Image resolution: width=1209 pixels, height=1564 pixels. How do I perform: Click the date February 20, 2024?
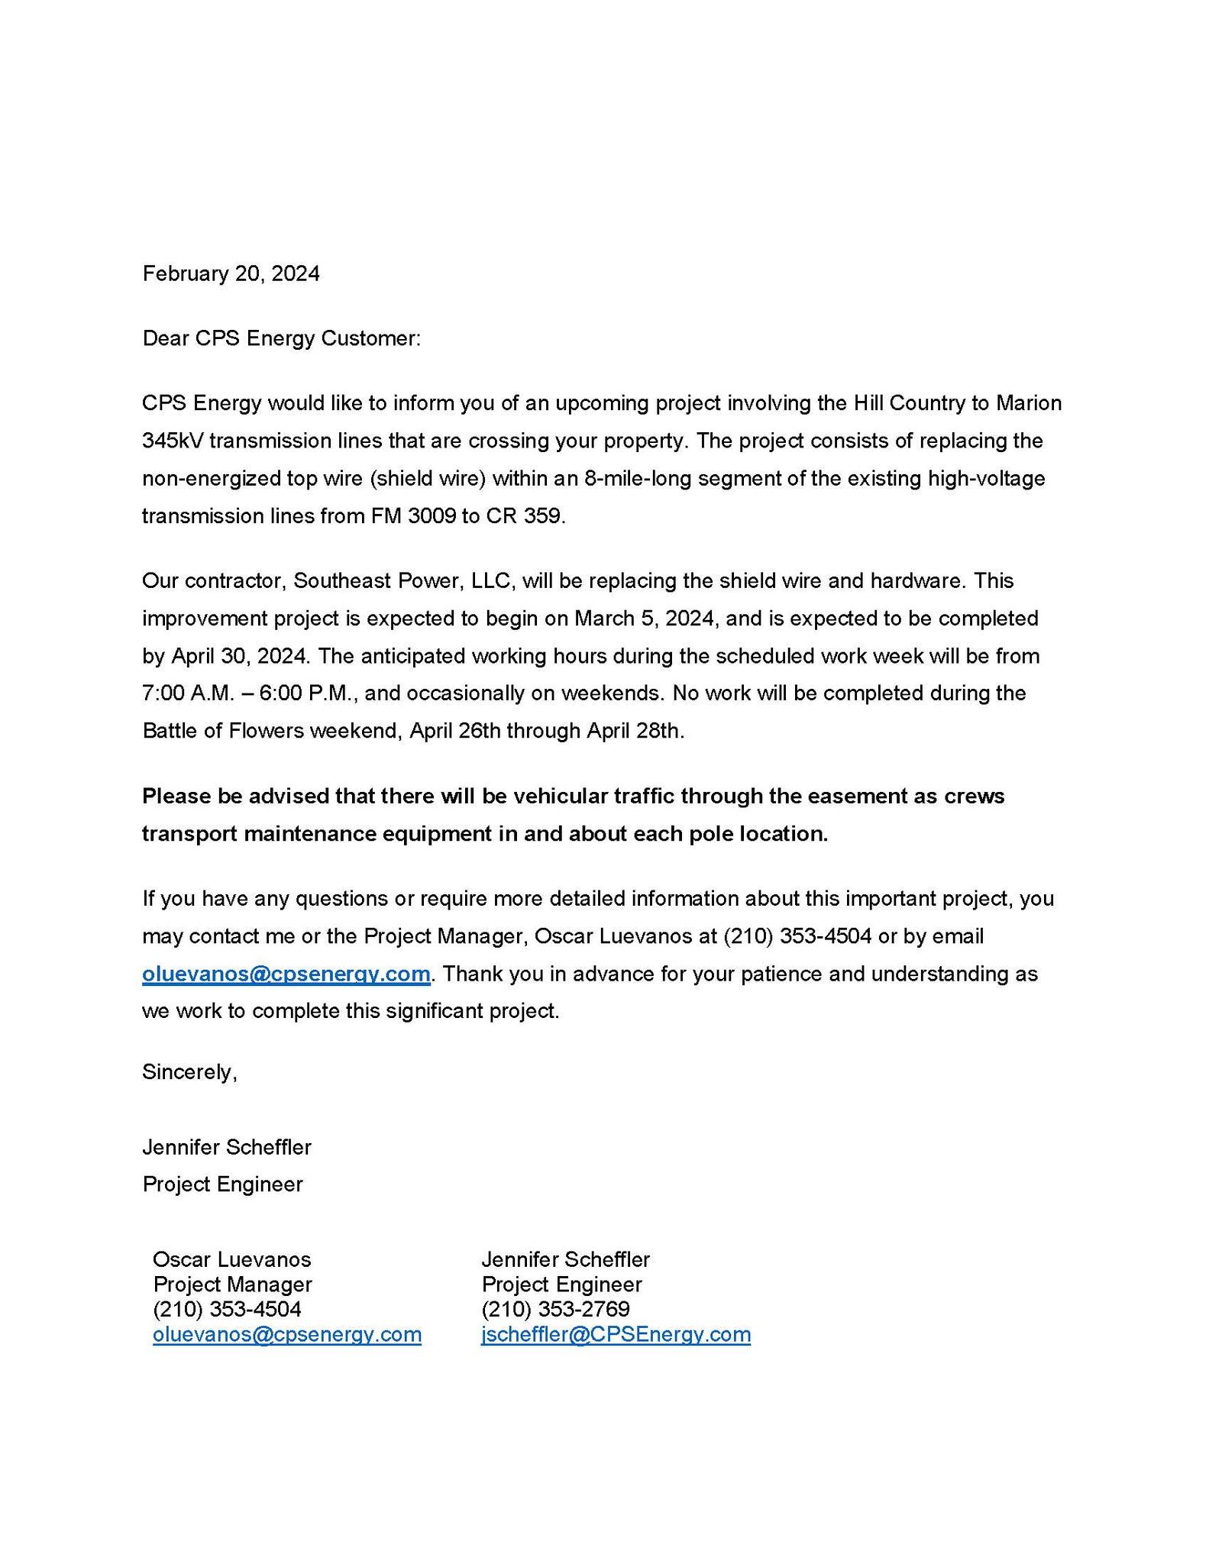[x=231, y=273]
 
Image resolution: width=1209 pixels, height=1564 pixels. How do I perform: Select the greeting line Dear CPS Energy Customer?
[x=281, y=338]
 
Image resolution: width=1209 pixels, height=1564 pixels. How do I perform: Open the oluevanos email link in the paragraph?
[x=286, y=974]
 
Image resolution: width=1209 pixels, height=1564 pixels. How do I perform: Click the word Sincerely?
[x=189, y=1071]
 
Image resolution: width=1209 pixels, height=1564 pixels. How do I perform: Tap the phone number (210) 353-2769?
[x=555, y=1309]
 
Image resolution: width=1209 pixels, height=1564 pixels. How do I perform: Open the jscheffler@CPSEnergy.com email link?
[x=616, y=1334]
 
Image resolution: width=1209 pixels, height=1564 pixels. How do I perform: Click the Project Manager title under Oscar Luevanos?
[x=233, y=1284]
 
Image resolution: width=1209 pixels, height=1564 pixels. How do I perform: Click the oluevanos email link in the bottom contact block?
[x=287, y=1334]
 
